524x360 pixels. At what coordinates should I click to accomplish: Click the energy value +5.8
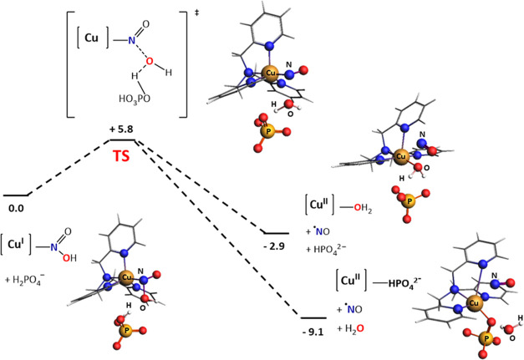click(123, 129)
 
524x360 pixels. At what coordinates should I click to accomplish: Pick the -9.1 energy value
click(313, 332)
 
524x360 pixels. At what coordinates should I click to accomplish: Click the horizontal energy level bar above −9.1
click(313, 317)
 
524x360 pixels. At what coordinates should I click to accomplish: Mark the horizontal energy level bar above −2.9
click(276, 233)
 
